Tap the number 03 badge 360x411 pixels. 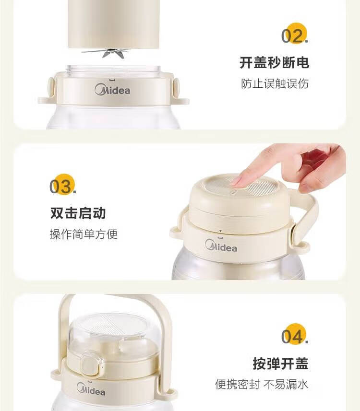coord(63,185)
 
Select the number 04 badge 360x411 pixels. coord(295,335)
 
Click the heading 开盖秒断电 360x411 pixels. coord(274,63)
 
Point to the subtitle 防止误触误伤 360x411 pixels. coord(275,83)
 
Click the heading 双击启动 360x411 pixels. coord(78,213)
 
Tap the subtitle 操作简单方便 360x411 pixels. coord(84,234)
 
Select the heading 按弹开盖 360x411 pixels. coord(280,364)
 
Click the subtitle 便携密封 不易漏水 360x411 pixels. coord(262,384)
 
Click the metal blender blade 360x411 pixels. coord(109,52)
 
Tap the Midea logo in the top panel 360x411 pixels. coord(112,90)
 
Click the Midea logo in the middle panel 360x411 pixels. coord(221,246)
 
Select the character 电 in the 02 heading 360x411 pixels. coord(303,63)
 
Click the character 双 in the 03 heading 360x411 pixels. coord(57,213)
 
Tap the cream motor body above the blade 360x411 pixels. coord(114,24)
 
